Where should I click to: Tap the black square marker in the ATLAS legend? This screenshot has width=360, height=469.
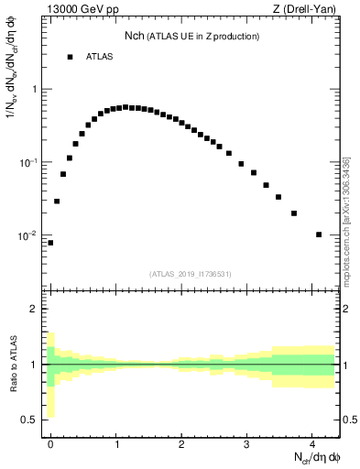click(x=70, y=57)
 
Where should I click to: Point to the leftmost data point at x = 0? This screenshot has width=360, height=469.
click(x=50, y=243)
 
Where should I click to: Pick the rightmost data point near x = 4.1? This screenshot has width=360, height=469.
click(x=319, y=234)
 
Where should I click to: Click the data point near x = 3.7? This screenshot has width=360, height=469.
click(x=294, y=213)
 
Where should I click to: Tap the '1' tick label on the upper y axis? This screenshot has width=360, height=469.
click(x=35, y=90)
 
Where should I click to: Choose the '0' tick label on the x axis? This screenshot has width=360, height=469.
click(x=51, y=443)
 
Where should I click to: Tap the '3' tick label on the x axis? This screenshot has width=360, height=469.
click(x=247, y=443)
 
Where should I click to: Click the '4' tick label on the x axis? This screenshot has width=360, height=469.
click(x=312, y=443)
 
